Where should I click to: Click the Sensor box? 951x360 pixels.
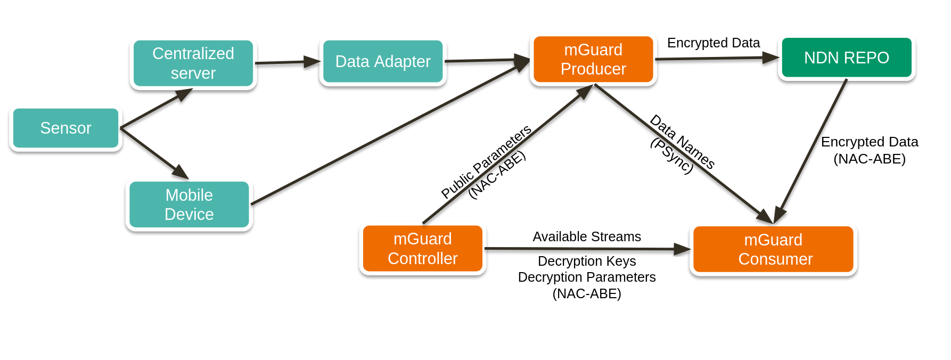coord(65,128)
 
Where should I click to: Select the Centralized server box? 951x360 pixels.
coord(193,63)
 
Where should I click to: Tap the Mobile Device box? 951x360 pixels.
coord(189,205)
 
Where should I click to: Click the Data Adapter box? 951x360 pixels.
coord(383,62)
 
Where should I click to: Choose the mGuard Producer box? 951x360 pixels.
coord(593,60)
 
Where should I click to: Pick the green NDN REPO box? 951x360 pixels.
coord(847,58)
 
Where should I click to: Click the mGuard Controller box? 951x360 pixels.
coord(423,249)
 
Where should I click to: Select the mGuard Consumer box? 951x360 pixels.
coord(773,249)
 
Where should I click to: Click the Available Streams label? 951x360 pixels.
coord(587,236)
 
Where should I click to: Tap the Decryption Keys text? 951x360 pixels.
coord(587,261)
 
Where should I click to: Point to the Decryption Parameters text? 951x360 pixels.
coord(587,277)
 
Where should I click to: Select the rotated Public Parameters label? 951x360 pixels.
coord(486,161)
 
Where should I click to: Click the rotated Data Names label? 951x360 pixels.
coord(683,142)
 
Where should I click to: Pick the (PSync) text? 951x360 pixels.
coord(672,156)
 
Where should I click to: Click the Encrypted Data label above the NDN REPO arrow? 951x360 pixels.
coord(713,43)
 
